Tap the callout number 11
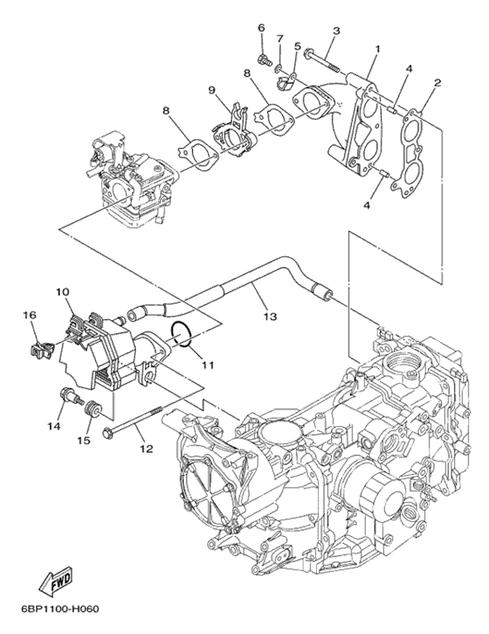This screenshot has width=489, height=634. coord(206,364)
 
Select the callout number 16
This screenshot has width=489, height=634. coord(29,315)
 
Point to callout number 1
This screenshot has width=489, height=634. coord(377,49)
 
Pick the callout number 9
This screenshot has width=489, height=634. coord(210,90)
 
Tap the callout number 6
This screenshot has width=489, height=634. coord(262,28)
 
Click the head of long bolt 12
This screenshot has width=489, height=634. coord(109,429)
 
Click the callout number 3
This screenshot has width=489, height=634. coord(335,31)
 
